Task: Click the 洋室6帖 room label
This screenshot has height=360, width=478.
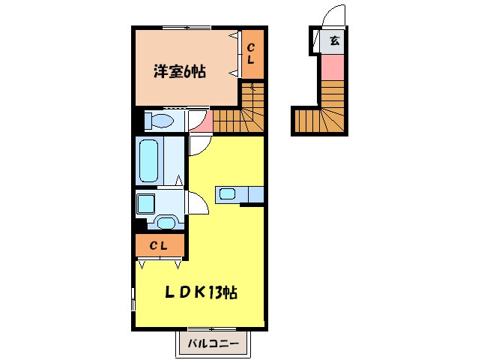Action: pos(180,73)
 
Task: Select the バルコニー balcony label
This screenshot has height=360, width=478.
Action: pos(214,345)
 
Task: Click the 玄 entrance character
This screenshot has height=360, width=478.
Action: pos(333,41)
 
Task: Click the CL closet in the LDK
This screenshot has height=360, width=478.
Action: pos(159,245)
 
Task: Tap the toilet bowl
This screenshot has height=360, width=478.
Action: pos(160,120)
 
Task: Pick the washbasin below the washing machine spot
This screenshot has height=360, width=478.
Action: pos(166,222)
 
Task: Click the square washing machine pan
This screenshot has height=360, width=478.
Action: pos(145,202)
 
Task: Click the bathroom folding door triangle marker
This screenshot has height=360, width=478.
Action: pos(179,180)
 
